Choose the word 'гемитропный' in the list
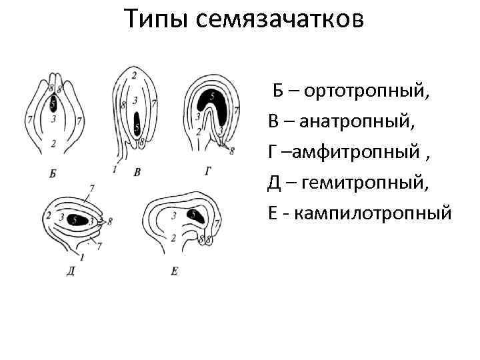[x=359, y=183]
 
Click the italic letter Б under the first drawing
[x=53, y=175]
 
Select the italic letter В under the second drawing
[x=137, y=173]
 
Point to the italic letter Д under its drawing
[x=71, y=271]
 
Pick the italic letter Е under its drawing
[x=174, y=271]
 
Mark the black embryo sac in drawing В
[x=137, y=124]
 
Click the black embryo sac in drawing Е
[x=196, y=215]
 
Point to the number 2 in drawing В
[x=135, y=75]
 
